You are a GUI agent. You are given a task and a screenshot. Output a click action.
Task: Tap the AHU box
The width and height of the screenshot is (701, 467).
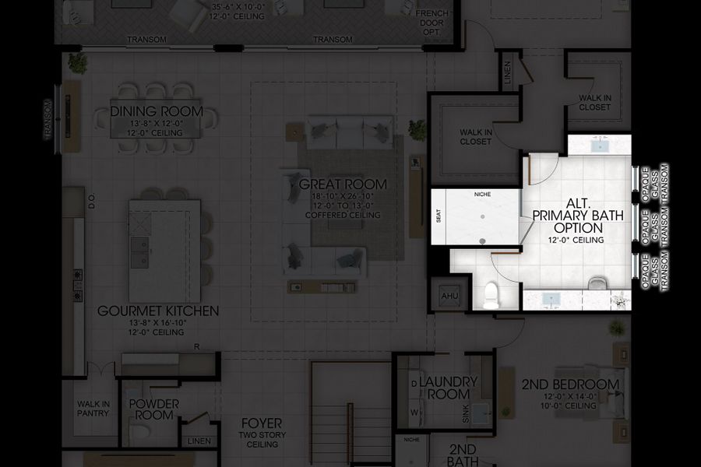tap(450, 296)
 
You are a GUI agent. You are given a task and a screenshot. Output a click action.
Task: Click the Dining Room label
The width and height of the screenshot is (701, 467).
tap(157, 111)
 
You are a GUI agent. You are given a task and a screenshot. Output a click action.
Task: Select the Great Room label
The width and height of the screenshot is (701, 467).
tap(343, 184)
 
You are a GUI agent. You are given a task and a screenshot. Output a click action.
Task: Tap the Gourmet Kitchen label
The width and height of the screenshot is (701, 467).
tap(158, 311)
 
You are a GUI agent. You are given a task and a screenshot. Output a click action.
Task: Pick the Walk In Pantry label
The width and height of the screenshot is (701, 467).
tap(93, 409)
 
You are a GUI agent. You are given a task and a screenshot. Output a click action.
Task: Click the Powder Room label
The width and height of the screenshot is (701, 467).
tap(153, 409)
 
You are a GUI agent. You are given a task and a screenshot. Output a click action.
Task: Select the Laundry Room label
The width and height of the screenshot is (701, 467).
tap(448, 388)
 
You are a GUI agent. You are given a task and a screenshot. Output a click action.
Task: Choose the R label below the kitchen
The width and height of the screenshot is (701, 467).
tap(197, 347)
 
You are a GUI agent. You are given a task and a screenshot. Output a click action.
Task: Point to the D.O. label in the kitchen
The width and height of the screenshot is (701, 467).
tap(91, 202)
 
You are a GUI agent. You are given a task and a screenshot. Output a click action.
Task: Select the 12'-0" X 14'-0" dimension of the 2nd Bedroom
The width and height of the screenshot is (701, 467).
tap(571, 397)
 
